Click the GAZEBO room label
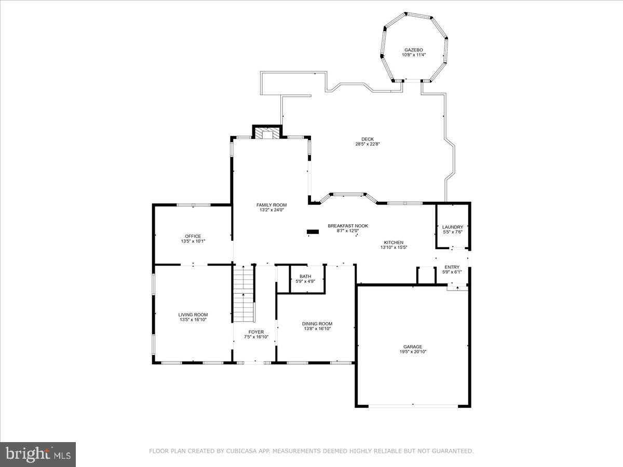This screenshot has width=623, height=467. [413, 49]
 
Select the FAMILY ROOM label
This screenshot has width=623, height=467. [271, 205]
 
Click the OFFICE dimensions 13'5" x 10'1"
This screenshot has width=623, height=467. [193, 241]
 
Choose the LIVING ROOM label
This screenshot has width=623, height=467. [193, 314]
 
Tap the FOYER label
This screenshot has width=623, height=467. [256, 332]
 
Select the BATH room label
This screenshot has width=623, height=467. [305, 276]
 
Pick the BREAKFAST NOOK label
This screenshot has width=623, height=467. [347, 226]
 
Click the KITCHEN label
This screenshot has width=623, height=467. [394, 242]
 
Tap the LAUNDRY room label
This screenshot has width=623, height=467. [452, 227]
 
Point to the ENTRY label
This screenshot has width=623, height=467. [452, 267]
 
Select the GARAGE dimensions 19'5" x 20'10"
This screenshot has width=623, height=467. [413, 352]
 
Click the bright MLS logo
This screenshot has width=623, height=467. [38, 454]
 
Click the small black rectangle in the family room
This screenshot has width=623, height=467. [313, 231]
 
